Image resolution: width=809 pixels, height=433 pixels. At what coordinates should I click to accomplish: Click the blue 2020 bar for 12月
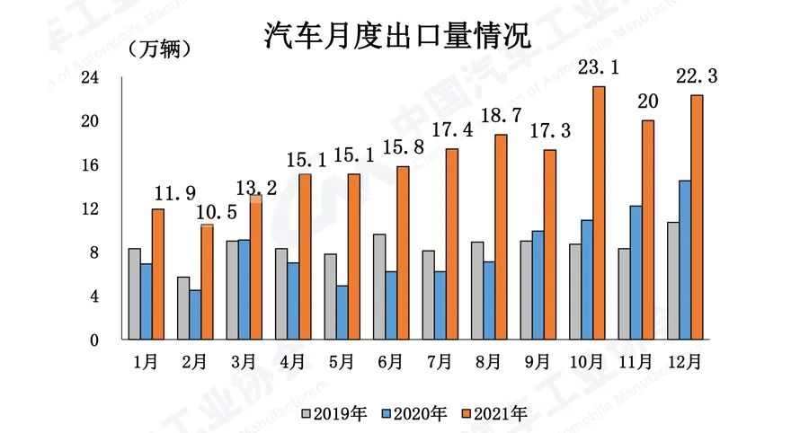pos(685,261)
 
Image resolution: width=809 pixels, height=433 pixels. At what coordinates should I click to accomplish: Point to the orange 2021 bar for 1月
pos(158,275)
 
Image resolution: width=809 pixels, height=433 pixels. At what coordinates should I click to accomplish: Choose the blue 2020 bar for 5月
pos(342,314)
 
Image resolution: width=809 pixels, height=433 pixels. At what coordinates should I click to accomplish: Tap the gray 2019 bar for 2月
pos(182,309)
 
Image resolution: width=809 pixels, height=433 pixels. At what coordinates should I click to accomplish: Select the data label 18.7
pos(500,116)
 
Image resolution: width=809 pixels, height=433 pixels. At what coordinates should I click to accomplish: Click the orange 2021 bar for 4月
pos(305,257)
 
